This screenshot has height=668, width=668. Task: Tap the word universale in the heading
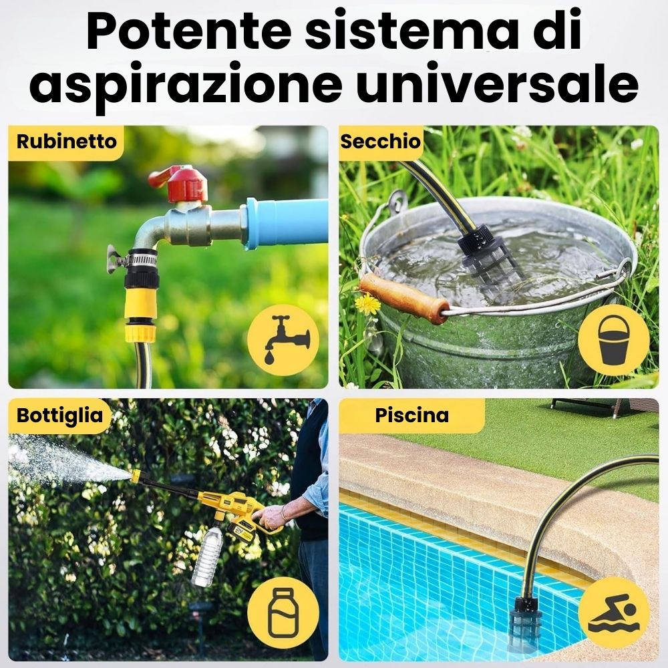tap(497, 83)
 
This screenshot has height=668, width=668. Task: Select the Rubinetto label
tap(66, 142)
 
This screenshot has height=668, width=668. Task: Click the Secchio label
tap(381, 142)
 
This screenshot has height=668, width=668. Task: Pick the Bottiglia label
tap(59, 415)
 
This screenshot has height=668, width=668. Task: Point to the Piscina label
tap(412, 415)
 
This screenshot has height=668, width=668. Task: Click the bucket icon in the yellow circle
tap(614, 340)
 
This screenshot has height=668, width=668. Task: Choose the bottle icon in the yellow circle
tap(283, 613)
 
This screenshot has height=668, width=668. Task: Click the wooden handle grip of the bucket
tap(404, 298)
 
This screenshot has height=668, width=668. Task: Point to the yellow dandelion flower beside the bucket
tap(367, 304)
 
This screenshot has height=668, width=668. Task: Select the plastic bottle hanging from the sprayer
tap(207, 556)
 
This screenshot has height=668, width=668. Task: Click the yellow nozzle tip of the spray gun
tap(136, 476)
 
